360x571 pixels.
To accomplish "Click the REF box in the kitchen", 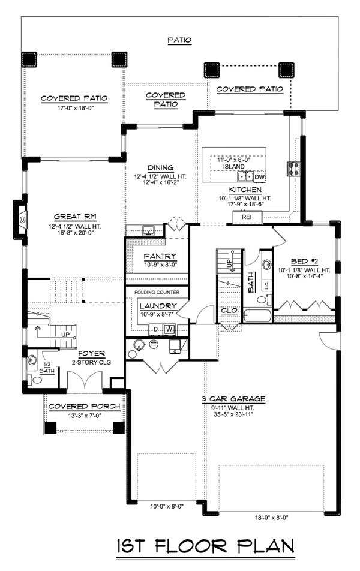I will pos(247,217).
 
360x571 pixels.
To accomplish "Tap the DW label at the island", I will pos(259,177).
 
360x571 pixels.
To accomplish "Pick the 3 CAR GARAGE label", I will pos(233,399).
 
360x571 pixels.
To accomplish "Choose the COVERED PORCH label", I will pos(84,406).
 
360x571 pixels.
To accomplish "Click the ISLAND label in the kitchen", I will pos(234,166).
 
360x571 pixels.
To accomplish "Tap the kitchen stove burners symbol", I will pos(293,168).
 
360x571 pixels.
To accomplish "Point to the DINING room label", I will pos(161,167).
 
